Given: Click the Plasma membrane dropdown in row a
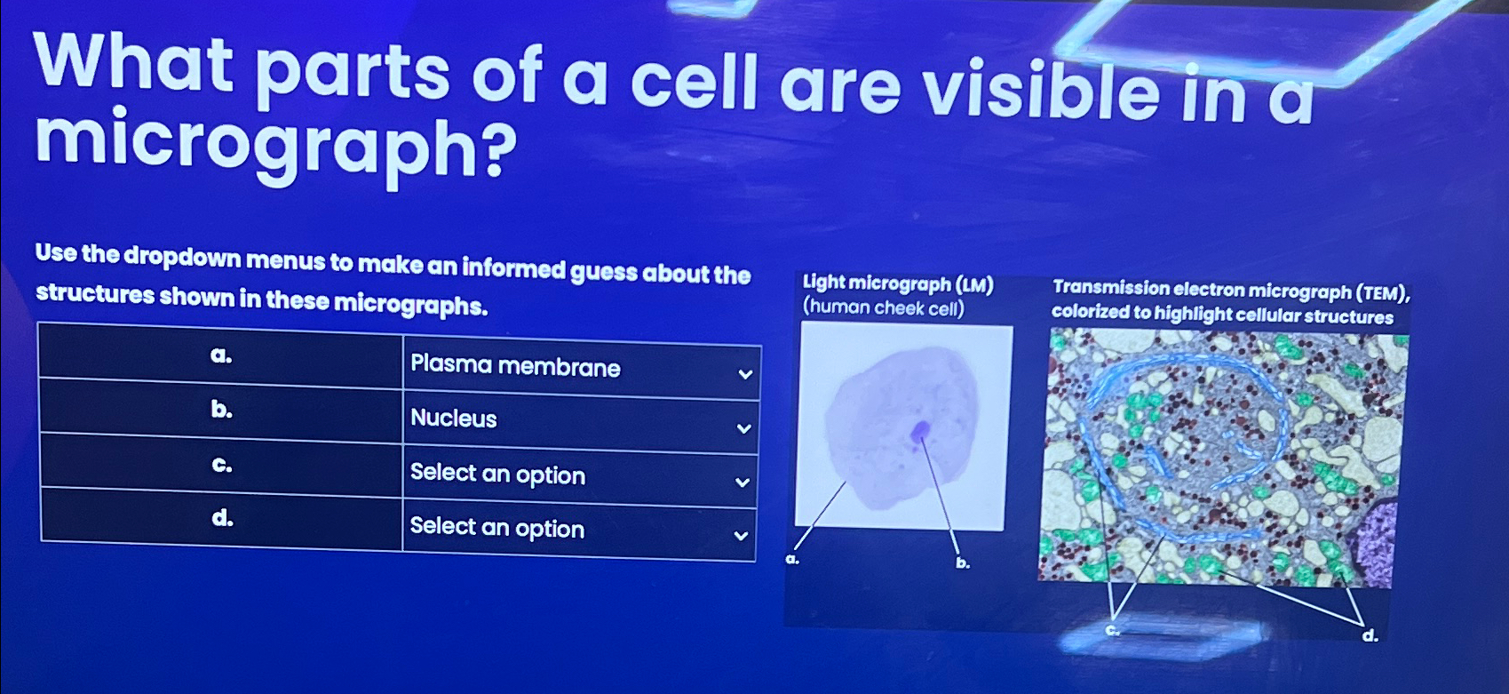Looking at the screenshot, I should click(x=581, y=368).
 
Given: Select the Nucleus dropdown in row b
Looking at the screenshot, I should click(x=581, y=420).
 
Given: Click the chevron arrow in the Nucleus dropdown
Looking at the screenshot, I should click(x=743, y=428).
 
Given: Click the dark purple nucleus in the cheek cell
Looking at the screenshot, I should click(x=919, y=432).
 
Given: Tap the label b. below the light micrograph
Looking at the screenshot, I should click(x=963, y=562).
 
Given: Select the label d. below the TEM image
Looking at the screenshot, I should click(x=1370, y=634).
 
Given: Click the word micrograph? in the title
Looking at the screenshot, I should click(x=275, y=147).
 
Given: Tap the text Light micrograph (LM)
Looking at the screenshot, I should click(x=898, y=284).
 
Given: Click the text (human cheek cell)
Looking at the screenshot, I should click(x=883, y=308).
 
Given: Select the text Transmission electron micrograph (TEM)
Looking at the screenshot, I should click(x=1231, y=291).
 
